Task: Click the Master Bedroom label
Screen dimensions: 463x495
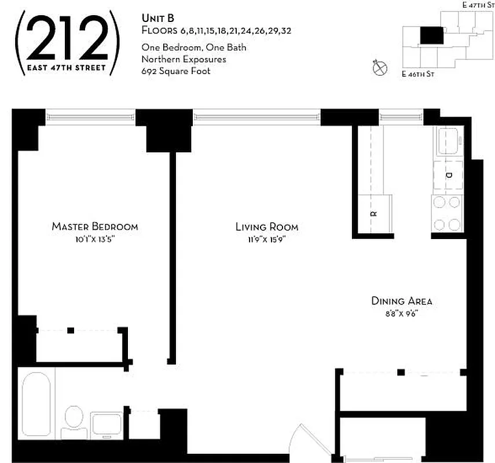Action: pyautogui.click(x=95, y=226)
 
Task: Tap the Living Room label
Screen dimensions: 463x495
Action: pyautogui.click(x=267, y=226)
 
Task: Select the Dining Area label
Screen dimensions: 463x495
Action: pyautogui.click(x=401, y=301)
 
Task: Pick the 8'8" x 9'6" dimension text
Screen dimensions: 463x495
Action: pyautogui.click(x=395, y=314)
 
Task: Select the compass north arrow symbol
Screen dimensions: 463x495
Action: pyautogui.click(x=380, y=67)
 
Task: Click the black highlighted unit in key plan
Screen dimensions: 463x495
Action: pyautogui.click(x=430, y=36)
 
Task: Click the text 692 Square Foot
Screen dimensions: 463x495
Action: pyautogui.click(x=176, y=72)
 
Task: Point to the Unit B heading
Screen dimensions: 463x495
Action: pyautogui.click(x=157, y=19)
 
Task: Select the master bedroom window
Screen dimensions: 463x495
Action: pyautogui.click(x=90, y=117)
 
